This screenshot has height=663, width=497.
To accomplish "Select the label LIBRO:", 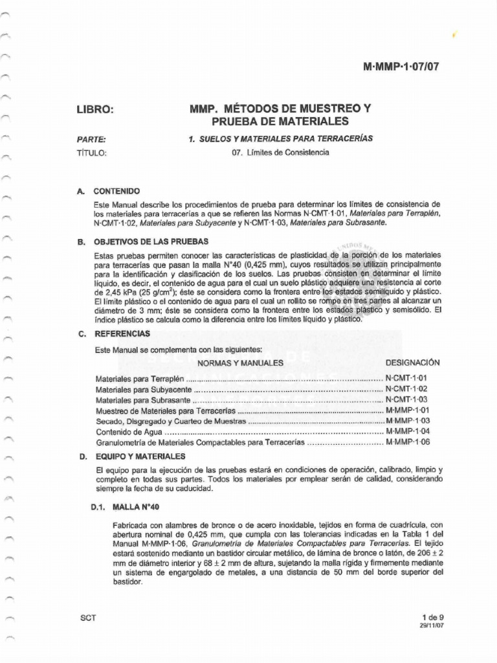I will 95,110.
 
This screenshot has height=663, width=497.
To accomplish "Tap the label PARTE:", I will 91,139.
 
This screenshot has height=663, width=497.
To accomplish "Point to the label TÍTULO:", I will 91,153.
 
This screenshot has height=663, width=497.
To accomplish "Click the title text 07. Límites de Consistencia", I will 280,153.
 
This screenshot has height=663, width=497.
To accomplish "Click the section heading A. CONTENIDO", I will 109,192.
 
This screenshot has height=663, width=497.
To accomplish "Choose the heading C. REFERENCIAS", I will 114,333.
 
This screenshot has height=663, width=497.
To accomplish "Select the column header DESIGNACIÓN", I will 412,363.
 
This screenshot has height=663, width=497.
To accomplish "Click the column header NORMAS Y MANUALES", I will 240,363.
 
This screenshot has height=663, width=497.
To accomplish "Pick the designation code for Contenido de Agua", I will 407,431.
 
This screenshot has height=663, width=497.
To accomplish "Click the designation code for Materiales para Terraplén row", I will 406,377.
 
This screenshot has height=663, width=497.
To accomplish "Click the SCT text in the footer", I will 87,618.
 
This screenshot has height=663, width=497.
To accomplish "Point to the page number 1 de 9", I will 428,618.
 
